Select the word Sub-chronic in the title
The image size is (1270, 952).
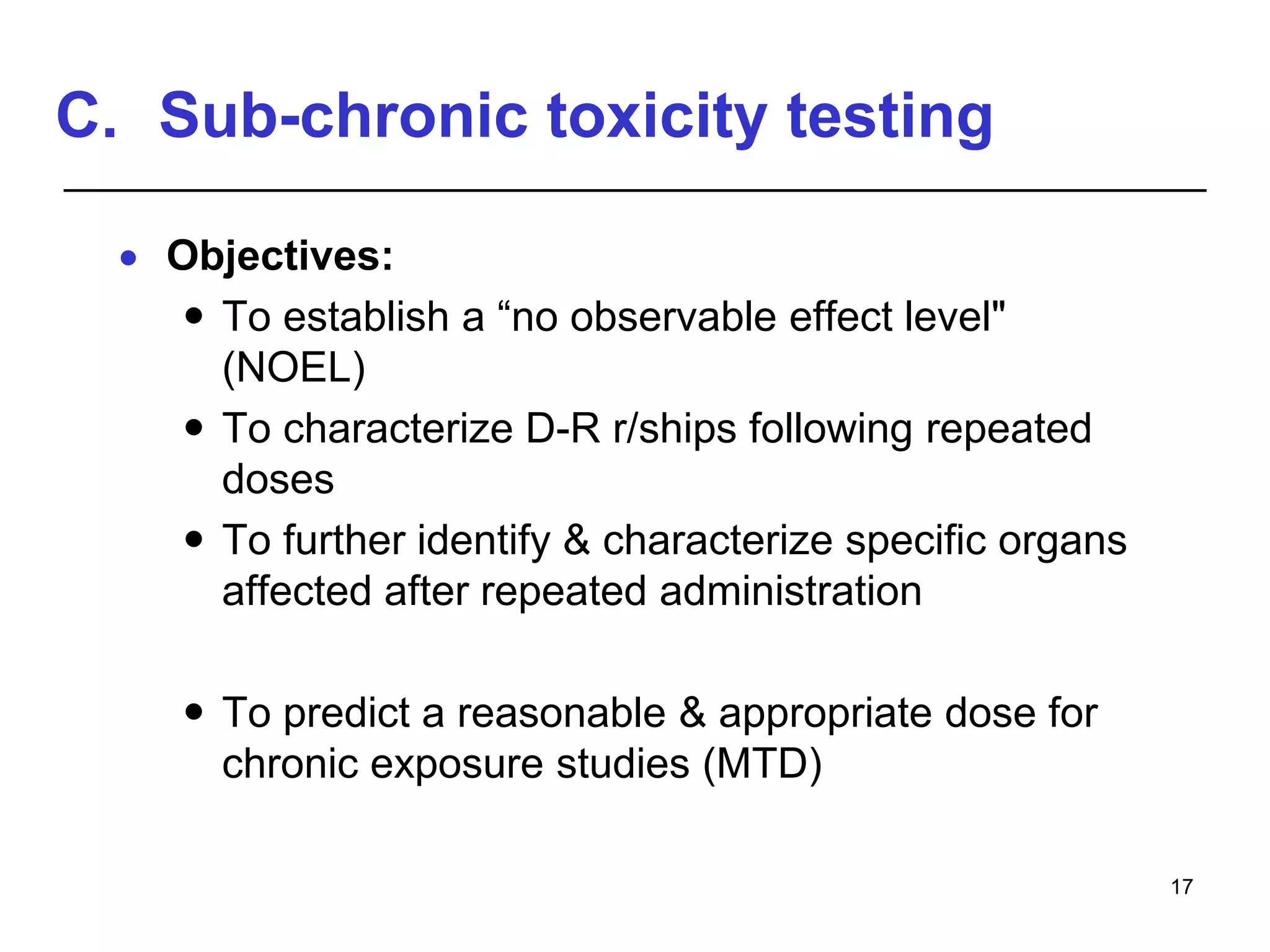[344, 116]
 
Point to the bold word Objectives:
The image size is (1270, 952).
[280, 256]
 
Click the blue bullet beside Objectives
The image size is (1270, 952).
[128, 258]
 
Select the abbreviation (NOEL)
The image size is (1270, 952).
[294, 368]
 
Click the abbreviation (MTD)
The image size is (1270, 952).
[762, 764]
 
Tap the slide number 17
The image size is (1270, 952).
[1181, 887]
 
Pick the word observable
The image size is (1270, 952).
[673, 317]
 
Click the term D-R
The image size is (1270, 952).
[562, 429]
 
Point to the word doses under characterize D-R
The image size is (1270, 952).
[278, 480]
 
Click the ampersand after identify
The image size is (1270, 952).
[576, 540]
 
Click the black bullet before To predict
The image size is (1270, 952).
[194, 711]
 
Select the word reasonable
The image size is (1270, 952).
[561, 713]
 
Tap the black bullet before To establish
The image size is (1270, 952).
[194, 316]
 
